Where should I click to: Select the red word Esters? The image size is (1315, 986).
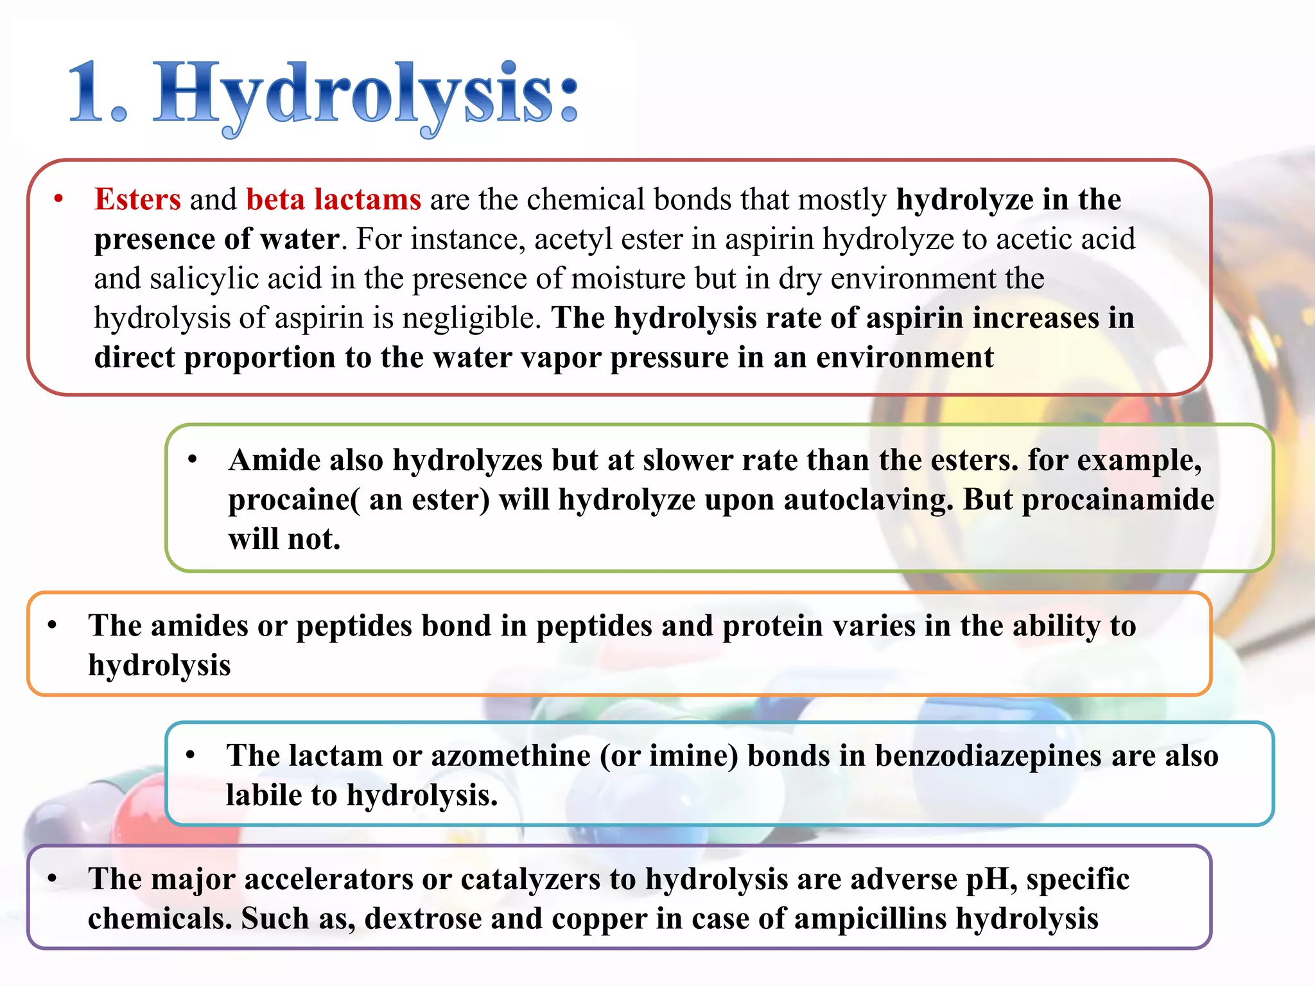(x=137, y=199)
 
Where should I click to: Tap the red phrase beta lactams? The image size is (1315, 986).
(x=333, y=199)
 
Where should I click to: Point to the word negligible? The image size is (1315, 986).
(x=472, y=318)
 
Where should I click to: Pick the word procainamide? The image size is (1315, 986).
(x=1118, y=499)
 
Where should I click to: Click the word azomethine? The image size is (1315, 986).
(x=510, y=756)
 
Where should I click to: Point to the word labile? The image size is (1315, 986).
(x=263, y=795)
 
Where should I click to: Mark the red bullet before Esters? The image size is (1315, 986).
(x=59, y=200)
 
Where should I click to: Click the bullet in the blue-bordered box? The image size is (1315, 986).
(x=191, y=756)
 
